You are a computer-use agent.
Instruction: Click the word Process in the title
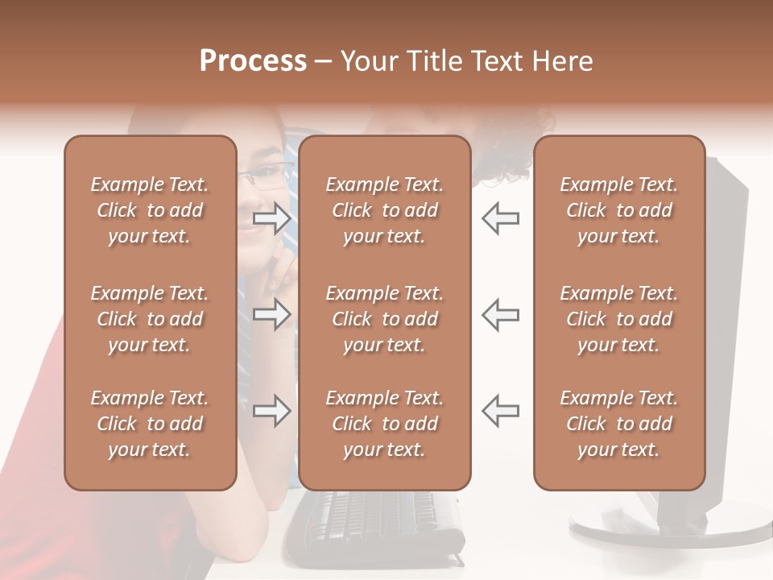(253, 61)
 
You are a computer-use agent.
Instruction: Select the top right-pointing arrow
(272, 218)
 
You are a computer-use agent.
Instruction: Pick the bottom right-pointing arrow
(272, 411)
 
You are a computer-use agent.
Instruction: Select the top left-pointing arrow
(500, 218)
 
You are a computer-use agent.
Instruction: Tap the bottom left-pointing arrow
(500, 411)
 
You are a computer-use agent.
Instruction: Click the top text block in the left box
(150, 210)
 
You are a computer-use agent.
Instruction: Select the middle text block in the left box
(150, 319)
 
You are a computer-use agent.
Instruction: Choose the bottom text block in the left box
(150, 424)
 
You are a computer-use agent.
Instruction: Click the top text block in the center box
(384, 210)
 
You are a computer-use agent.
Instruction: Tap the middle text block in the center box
(384, 319)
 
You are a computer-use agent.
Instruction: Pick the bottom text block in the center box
(384, 424)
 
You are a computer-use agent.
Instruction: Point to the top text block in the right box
(618, 210)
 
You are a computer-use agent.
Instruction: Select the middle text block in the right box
(618, 319)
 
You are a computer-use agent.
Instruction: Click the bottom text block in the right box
(618, 424)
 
